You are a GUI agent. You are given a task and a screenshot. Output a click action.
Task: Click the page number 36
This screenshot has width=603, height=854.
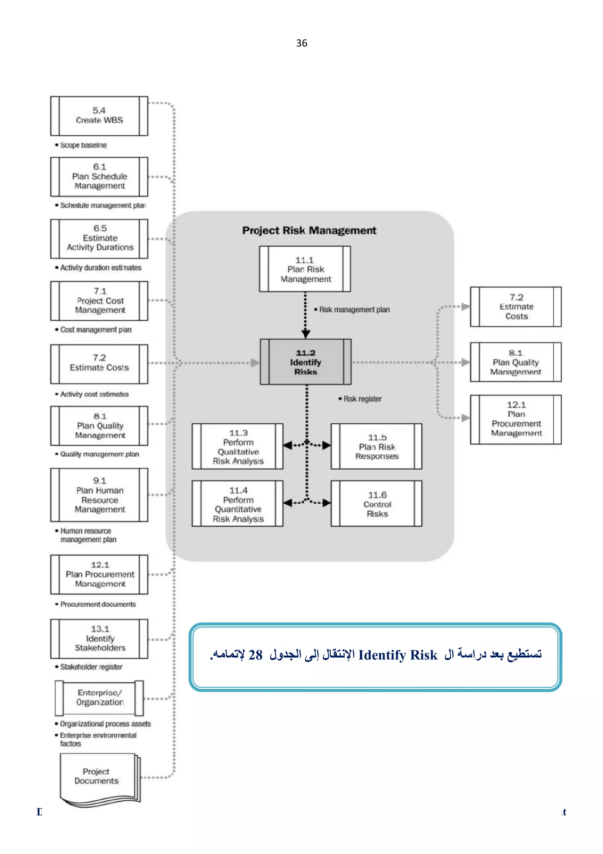301,43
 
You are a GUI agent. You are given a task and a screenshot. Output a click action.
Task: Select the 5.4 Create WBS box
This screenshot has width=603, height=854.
99,116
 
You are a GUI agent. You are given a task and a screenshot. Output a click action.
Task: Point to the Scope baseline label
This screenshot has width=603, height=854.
83,145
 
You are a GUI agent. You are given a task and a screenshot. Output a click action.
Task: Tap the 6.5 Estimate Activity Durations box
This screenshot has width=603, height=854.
99,238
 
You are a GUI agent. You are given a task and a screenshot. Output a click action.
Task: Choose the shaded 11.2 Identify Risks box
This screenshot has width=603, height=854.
305,362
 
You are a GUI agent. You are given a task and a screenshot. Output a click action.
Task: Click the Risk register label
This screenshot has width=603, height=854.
362,399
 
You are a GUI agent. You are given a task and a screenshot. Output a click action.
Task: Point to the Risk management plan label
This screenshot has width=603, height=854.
354,309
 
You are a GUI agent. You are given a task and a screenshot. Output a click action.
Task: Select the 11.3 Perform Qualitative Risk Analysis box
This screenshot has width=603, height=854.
238,446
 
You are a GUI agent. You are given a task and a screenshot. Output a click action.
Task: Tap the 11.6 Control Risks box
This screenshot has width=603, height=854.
377,504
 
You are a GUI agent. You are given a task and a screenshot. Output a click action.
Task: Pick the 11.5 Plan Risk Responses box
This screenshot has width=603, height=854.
377,446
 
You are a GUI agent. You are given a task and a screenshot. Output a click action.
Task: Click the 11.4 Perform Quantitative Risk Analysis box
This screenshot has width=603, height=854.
238,504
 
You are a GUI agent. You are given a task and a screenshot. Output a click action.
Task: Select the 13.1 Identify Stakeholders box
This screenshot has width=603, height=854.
99,638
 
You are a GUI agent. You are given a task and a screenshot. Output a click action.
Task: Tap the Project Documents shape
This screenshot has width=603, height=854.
97,776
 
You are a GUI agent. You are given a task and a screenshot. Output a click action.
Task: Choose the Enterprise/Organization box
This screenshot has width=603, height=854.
100,698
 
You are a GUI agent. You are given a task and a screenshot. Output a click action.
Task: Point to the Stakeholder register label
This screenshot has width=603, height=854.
91,667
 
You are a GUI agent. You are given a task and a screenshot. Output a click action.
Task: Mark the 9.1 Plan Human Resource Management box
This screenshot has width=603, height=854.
99,495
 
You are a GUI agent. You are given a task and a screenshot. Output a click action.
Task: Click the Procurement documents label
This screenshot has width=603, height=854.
98,604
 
